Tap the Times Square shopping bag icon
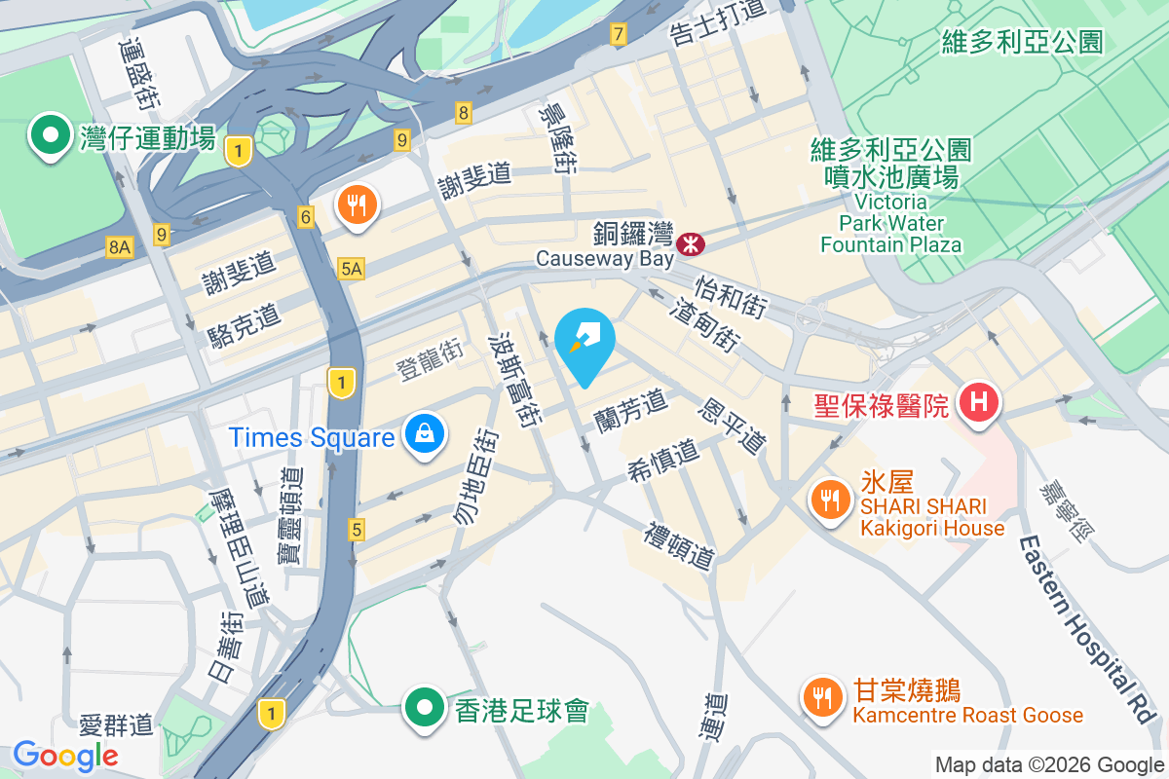tap(425, 433)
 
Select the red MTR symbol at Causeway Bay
tap(691, 243)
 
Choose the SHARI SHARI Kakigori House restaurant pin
tap(829, 501)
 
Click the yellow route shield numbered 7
tap(618, 34)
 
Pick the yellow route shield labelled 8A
tap(119, 248)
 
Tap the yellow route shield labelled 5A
tap(351, 269)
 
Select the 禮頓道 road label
tap(680, 545)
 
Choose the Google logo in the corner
tap(65, 755)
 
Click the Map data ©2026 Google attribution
tap(1048, 764)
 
